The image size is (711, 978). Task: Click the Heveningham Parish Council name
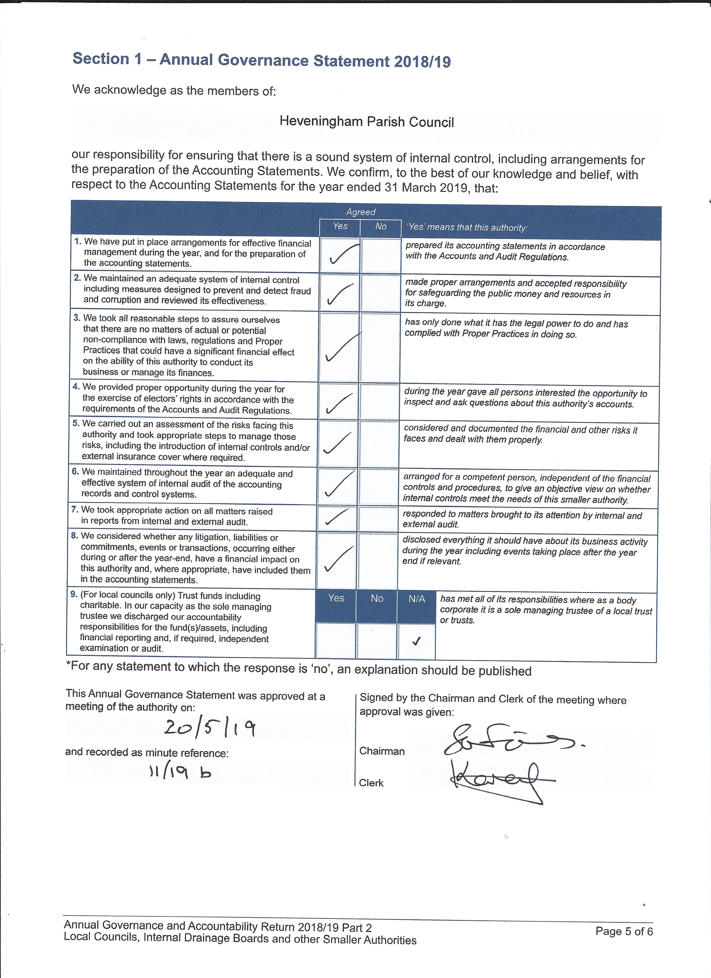(366, 122)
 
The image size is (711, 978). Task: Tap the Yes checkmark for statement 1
(343, 255)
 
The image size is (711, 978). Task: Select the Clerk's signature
(500, 781)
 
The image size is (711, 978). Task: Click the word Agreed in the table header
(361, 212)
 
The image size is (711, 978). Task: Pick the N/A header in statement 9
(417, 599)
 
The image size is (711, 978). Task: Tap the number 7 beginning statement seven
(75, 510)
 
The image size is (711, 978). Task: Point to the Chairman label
(382, 751)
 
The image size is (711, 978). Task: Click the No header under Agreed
(381, 226)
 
